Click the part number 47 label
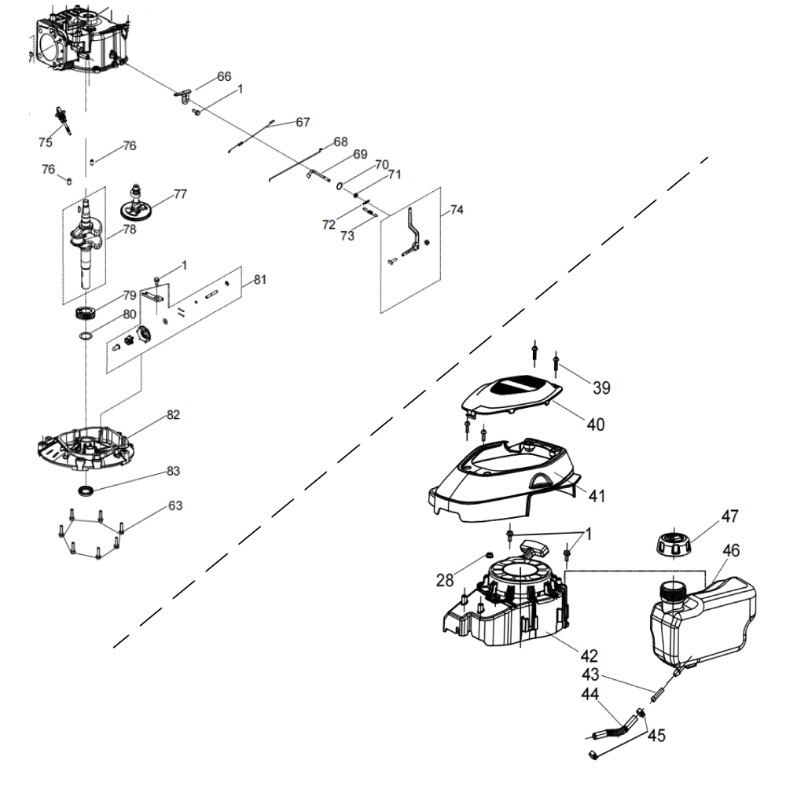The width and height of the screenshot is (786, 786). pos(730,517)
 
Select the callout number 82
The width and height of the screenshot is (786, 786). pos(173,414)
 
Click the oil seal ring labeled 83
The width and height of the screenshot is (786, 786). pos(86,491)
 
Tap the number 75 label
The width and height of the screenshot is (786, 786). pos(45,142)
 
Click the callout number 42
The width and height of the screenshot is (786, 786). pos(589,655)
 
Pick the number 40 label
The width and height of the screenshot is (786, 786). pos(595,424)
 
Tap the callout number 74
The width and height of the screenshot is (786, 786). pos(457,210)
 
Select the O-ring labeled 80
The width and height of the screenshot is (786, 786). pos(86,336)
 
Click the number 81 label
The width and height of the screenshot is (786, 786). pos(260,280)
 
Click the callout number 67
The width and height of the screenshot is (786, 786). pos(303,123)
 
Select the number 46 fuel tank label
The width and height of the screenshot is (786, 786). pos(731,551)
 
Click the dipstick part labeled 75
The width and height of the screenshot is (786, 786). pos(62,120)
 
